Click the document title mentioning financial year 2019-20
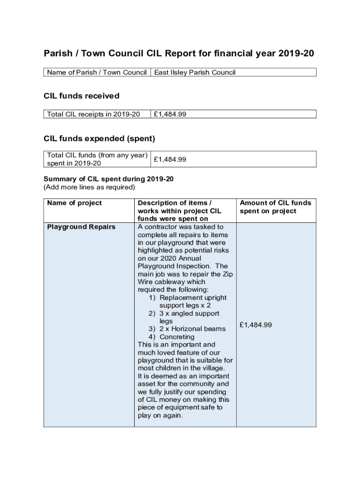pos(179,53)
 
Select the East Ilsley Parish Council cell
pos(195,73)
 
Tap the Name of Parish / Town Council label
pos(97,73)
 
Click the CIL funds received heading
pos(81,96)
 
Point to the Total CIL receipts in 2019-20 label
pos(94,114)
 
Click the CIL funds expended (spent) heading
pos(99,139)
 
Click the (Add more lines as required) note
pos(89,187)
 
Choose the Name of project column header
pos(74,203)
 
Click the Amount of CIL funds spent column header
pos(275,207)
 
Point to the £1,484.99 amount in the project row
pos(255,325)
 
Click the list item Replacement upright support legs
pos(192,301)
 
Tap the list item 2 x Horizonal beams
pos(192,329)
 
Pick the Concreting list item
pos(177,337)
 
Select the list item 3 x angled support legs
pos(189,317)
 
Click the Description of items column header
pos(179,211)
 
